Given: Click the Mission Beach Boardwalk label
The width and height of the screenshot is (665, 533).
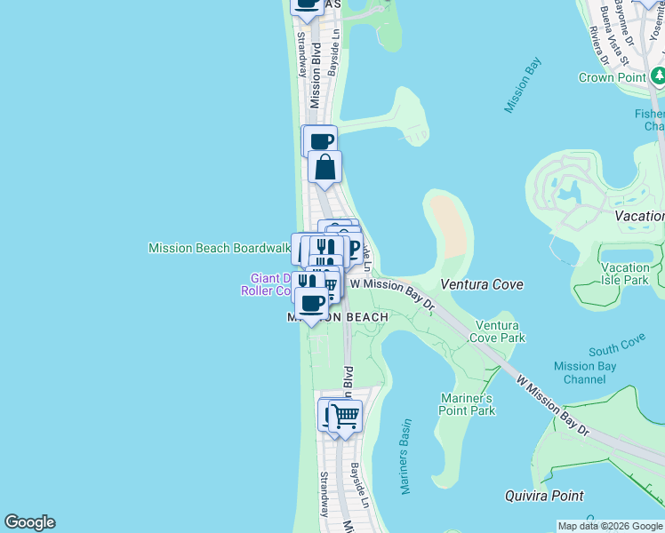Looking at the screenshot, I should tap(220, 249).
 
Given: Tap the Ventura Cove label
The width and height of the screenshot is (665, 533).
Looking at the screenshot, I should tap(482, 284).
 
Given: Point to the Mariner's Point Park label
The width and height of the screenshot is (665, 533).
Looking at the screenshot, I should tap(467, 404).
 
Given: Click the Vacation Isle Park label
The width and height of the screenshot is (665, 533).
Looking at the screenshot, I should tap(625, 274).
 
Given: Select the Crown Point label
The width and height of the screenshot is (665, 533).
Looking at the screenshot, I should tap(612, 77).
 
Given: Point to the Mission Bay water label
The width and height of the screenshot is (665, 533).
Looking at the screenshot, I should tap(523, 86).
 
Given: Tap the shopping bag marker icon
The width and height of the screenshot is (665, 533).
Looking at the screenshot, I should tap(325, 167).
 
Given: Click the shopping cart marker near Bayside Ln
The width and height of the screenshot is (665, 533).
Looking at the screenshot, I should tap(346, 415).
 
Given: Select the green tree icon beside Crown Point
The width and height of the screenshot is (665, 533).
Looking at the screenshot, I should tap(657, 76).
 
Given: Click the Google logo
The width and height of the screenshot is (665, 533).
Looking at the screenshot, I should tap(29, 522).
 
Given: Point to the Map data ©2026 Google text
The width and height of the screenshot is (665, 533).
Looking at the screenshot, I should tap(610, 526).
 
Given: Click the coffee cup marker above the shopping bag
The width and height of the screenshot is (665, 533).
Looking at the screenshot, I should tap(321, 140).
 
